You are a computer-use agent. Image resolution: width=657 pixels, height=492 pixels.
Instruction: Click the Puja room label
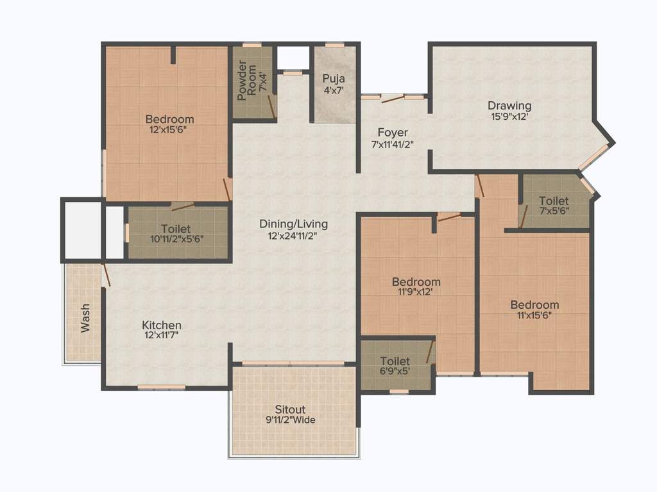(334, 79)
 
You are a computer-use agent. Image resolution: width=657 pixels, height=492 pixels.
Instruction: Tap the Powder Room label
(243, 81)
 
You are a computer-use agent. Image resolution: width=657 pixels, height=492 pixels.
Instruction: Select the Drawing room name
(509, 106)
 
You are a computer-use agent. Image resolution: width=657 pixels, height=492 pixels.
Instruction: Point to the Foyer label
(393, 133)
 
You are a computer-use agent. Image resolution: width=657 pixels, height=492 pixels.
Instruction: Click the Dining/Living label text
(293, 224)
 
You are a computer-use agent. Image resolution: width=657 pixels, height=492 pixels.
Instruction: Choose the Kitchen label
(162, 325)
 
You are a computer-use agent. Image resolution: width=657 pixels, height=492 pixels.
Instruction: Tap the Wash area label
(85, 318)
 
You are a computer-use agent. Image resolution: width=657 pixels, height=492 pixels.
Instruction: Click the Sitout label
(290, 409)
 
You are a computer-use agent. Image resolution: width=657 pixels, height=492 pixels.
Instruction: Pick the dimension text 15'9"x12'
(509, 117)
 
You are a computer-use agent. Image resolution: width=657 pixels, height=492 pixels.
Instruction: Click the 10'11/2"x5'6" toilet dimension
(176, 240)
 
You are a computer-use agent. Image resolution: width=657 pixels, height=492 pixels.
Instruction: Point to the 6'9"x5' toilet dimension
(395, 372)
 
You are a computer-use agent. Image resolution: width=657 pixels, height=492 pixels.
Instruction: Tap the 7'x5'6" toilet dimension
(553, 211)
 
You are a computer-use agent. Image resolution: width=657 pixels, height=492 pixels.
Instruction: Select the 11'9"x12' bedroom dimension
(416, 293)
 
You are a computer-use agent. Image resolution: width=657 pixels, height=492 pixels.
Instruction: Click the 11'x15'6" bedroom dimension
(534, 315)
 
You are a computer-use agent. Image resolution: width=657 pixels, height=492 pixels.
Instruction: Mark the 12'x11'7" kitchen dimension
(162, 336)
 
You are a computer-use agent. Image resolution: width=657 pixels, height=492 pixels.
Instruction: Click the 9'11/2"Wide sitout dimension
(290, 420)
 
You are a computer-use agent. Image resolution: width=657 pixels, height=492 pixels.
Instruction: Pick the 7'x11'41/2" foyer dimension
(393, 144)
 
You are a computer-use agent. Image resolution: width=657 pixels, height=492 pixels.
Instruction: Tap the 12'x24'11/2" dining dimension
(293, 236)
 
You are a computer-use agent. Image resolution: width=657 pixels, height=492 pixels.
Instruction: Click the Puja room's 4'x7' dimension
(334, 90)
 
